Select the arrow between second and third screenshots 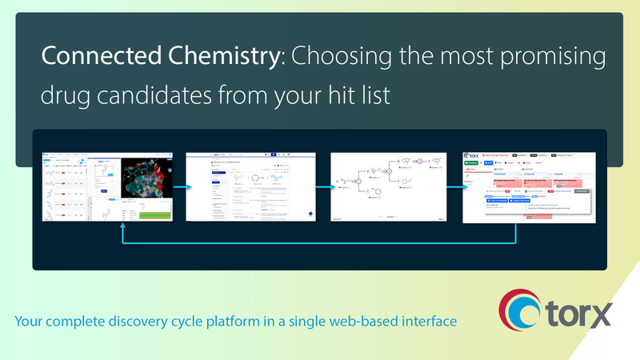click(323, 187)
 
